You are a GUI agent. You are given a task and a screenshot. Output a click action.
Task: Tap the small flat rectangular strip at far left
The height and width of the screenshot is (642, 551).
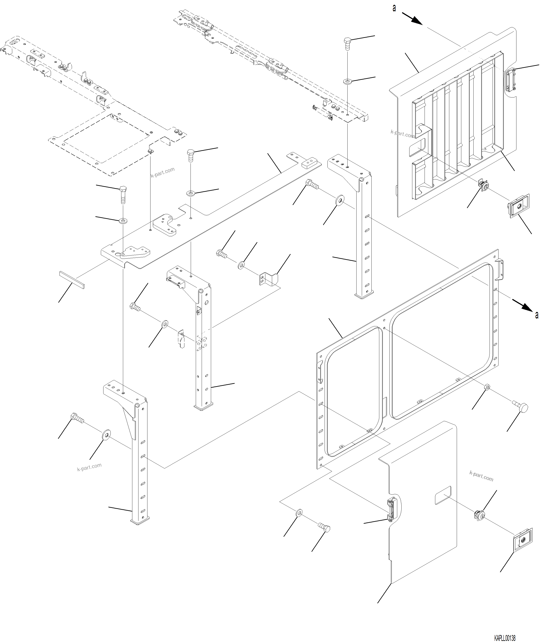(72, 279)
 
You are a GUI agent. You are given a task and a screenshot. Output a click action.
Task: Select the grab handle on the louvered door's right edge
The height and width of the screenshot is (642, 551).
(511, 80)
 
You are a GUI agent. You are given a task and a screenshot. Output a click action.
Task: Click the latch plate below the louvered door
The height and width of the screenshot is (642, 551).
(518, 206)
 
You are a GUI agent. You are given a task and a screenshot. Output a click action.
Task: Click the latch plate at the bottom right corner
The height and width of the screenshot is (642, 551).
(523, 540)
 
